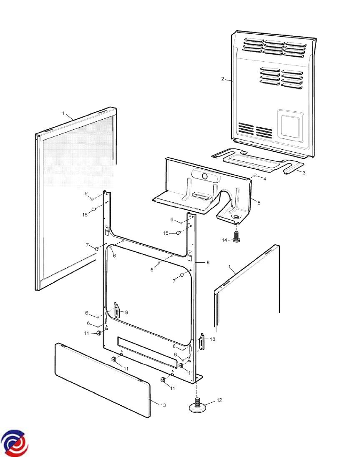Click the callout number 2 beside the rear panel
point(223,79)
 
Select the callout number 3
point(304,173)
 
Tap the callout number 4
point(264,178)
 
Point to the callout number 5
point(259,203)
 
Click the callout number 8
point(208,263)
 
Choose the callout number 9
point(126,312)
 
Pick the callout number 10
point(212,339)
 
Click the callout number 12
point(219,400)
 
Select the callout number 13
point(163,405)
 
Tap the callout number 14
point(224,240)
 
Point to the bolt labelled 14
point(236,236)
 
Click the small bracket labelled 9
point(117,311)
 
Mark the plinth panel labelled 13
point(103,381)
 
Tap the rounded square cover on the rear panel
point(290,124)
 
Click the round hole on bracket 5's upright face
point(205,176)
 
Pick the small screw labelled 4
point(255,176)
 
